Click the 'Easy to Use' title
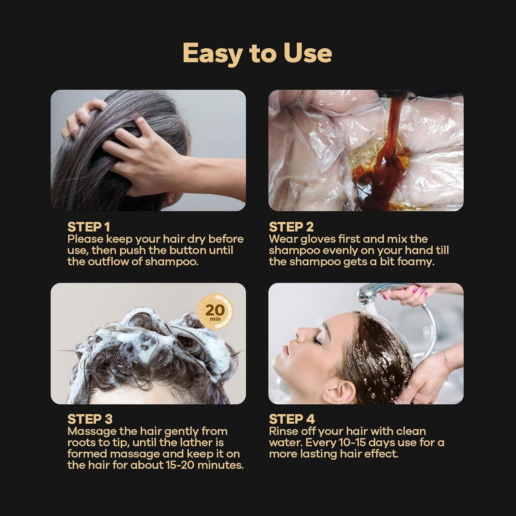pyautogui.click(x=257, y=53)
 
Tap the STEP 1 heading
pyautogui.click(x=88, y=227)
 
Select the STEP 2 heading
pyautogui.click(x=291, y=227)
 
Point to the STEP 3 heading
pyautogui.click(x=90, y=419)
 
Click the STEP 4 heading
pyautogui.click(x=292, y=419)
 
